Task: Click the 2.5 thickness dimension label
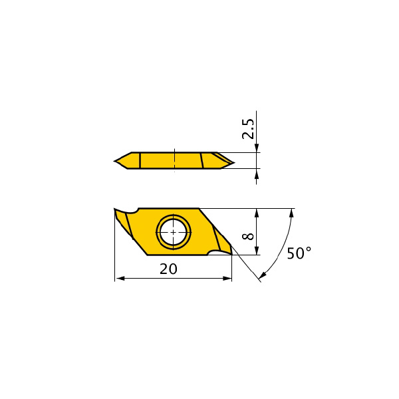[248, 129]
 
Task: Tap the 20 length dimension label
[168, 269]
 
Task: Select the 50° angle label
[299, 253]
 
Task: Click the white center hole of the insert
[174, 232]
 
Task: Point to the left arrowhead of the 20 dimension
[119, 279]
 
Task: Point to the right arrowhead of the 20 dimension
[227, 279]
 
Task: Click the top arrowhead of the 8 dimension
[257, 213]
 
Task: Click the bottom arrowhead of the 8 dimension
[257, 250]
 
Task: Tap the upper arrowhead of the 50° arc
[292, 213]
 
